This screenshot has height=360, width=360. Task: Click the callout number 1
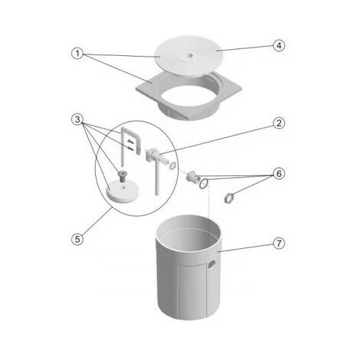(77, 54)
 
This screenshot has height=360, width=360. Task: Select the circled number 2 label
(279, 123)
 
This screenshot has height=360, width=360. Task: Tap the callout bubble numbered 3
(77, 119)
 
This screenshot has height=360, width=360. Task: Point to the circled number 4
(279, 46)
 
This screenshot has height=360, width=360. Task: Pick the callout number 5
(77, 239)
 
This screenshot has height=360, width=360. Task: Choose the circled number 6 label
(279, 174)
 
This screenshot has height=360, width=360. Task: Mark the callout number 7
(279, 243)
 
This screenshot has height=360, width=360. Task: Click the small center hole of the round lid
(189, 54)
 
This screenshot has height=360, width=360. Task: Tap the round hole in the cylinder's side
(211, 266)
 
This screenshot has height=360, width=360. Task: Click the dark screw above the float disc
(123, 176)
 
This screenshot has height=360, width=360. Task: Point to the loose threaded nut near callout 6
(229, 198)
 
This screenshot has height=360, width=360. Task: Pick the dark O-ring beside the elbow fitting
(204, 184)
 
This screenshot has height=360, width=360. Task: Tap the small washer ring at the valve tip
(172, 165)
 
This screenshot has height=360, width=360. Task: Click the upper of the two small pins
(130, 141)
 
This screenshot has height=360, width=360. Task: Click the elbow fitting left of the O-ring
(192, 177)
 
